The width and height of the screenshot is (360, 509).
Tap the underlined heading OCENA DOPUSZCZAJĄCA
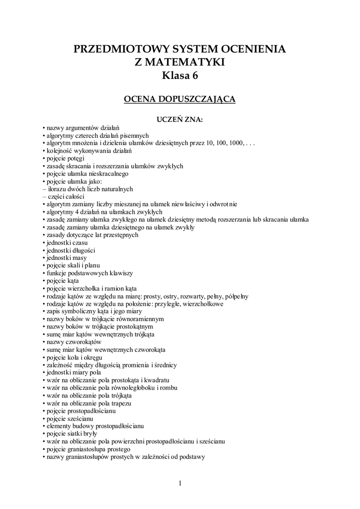click(180, 99)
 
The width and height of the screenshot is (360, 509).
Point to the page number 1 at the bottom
click(180, 483)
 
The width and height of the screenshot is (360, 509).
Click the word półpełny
click(236, 296)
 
